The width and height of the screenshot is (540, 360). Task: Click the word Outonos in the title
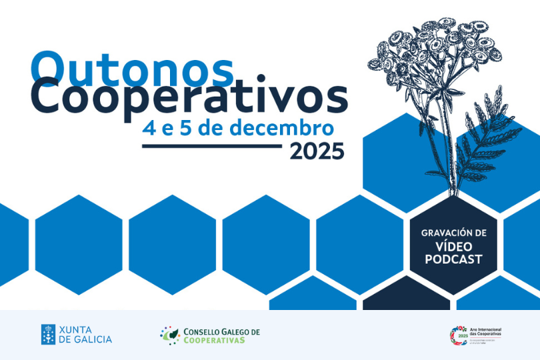[132, 67]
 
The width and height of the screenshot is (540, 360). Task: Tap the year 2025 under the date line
[317, 152]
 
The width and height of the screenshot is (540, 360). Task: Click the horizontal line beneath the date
[212, 145]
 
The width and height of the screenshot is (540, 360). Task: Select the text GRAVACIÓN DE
[453, 233]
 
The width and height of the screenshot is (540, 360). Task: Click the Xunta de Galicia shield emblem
[48, 334]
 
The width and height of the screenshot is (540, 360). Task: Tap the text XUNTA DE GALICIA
[85, 334]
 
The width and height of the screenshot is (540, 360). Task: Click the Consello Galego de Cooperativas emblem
[171, 335]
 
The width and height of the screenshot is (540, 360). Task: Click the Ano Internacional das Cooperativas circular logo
[459, 335]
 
